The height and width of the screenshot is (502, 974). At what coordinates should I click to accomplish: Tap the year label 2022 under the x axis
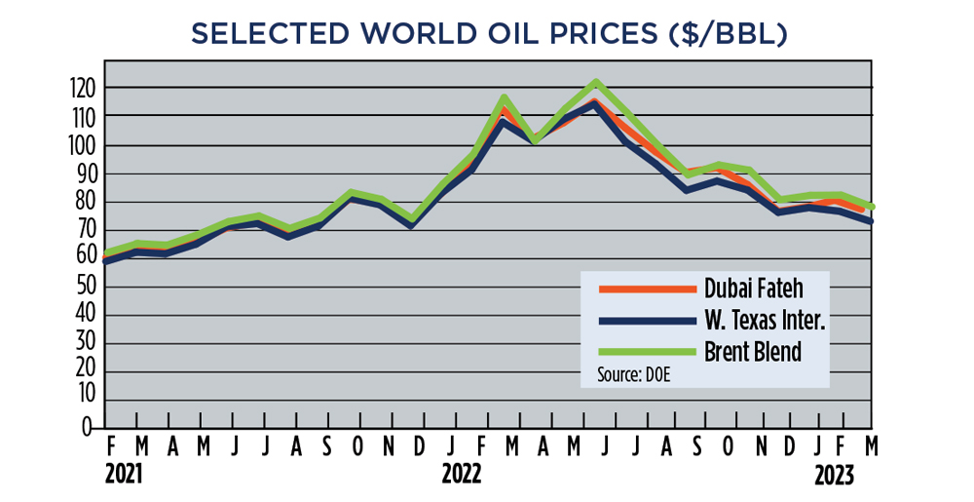coord(461,475)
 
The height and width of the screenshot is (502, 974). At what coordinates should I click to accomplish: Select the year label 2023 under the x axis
coord(835,475)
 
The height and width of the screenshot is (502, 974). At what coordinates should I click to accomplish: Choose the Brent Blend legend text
coord(753,351)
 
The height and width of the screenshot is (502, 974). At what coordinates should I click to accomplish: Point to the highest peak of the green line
coord(596,82)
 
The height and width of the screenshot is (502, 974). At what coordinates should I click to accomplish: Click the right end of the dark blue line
coord(870,221)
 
